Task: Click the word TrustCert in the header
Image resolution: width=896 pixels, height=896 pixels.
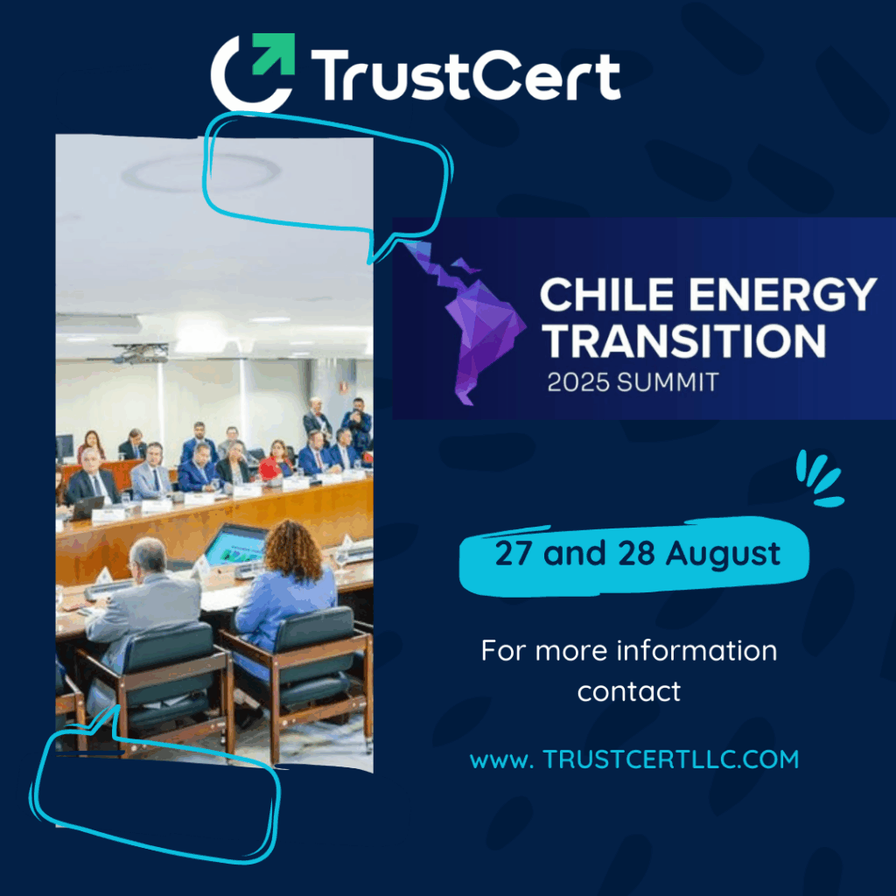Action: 465,75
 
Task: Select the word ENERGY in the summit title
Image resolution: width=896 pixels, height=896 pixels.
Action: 782,295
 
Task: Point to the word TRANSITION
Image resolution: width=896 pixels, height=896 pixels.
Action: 684,340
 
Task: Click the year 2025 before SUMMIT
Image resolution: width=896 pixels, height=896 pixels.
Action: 577,382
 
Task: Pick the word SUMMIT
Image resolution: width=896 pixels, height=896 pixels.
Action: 668,382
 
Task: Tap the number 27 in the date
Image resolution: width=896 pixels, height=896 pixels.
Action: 513,553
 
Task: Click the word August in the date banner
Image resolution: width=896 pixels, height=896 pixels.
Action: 723,554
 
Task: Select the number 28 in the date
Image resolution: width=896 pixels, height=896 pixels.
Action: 636,553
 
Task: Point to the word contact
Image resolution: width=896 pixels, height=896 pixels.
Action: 628,691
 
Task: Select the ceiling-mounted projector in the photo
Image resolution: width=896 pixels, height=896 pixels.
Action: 141,353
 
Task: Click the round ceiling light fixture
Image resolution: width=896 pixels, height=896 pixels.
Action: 200,171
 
